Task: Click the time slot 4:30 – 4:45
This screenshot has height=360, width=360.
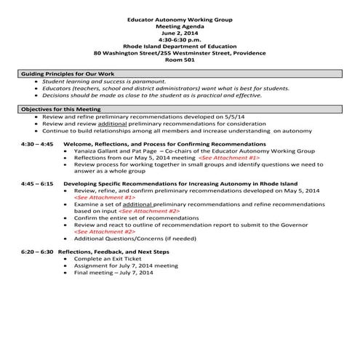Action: point(37,144)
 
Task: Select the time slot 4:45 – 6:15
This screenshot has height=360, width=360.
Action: point(37,184)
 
